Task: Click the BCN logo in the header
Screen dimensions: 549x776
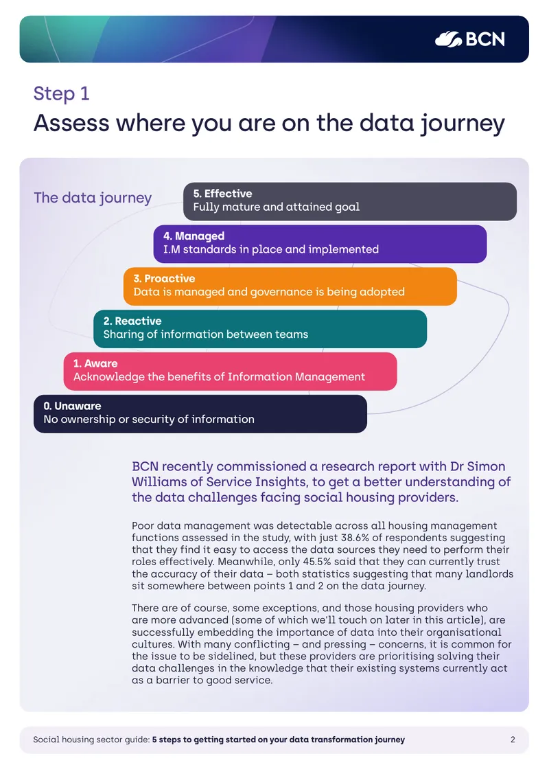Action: [x=470, y=39]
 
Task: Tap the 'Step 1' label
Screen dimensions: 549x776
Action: [x=61, y=93]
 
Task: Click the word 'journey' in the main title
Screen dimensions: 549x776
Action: [x=463, y=123]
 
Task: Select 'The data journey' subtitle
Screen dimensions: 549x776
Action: [x=93, y=198]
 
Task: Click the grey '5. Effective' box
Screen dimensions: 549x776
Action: [x=350, y=201]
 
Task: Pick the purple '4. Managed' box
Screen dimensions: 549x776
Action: [x=320, y=244]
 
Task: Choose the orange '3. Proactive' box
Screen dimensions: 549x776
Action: [x=290, y=286]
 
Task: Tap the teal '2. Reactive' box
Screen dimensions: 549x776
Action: [x=260, y=329]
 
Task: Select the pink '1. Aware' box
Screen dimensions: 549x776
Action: [x=230, y=372]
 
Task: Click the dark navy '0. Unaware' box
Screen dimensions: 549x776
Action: [x=200, y=414]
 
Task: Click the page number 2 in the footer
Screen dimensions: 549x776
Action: [x=513, y=740]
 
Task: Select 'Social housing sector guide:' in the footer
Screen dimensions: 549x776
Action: [x=91, y=740]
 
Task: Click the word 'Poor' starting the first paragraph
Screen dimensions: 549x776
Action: [x=143, y=525]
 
